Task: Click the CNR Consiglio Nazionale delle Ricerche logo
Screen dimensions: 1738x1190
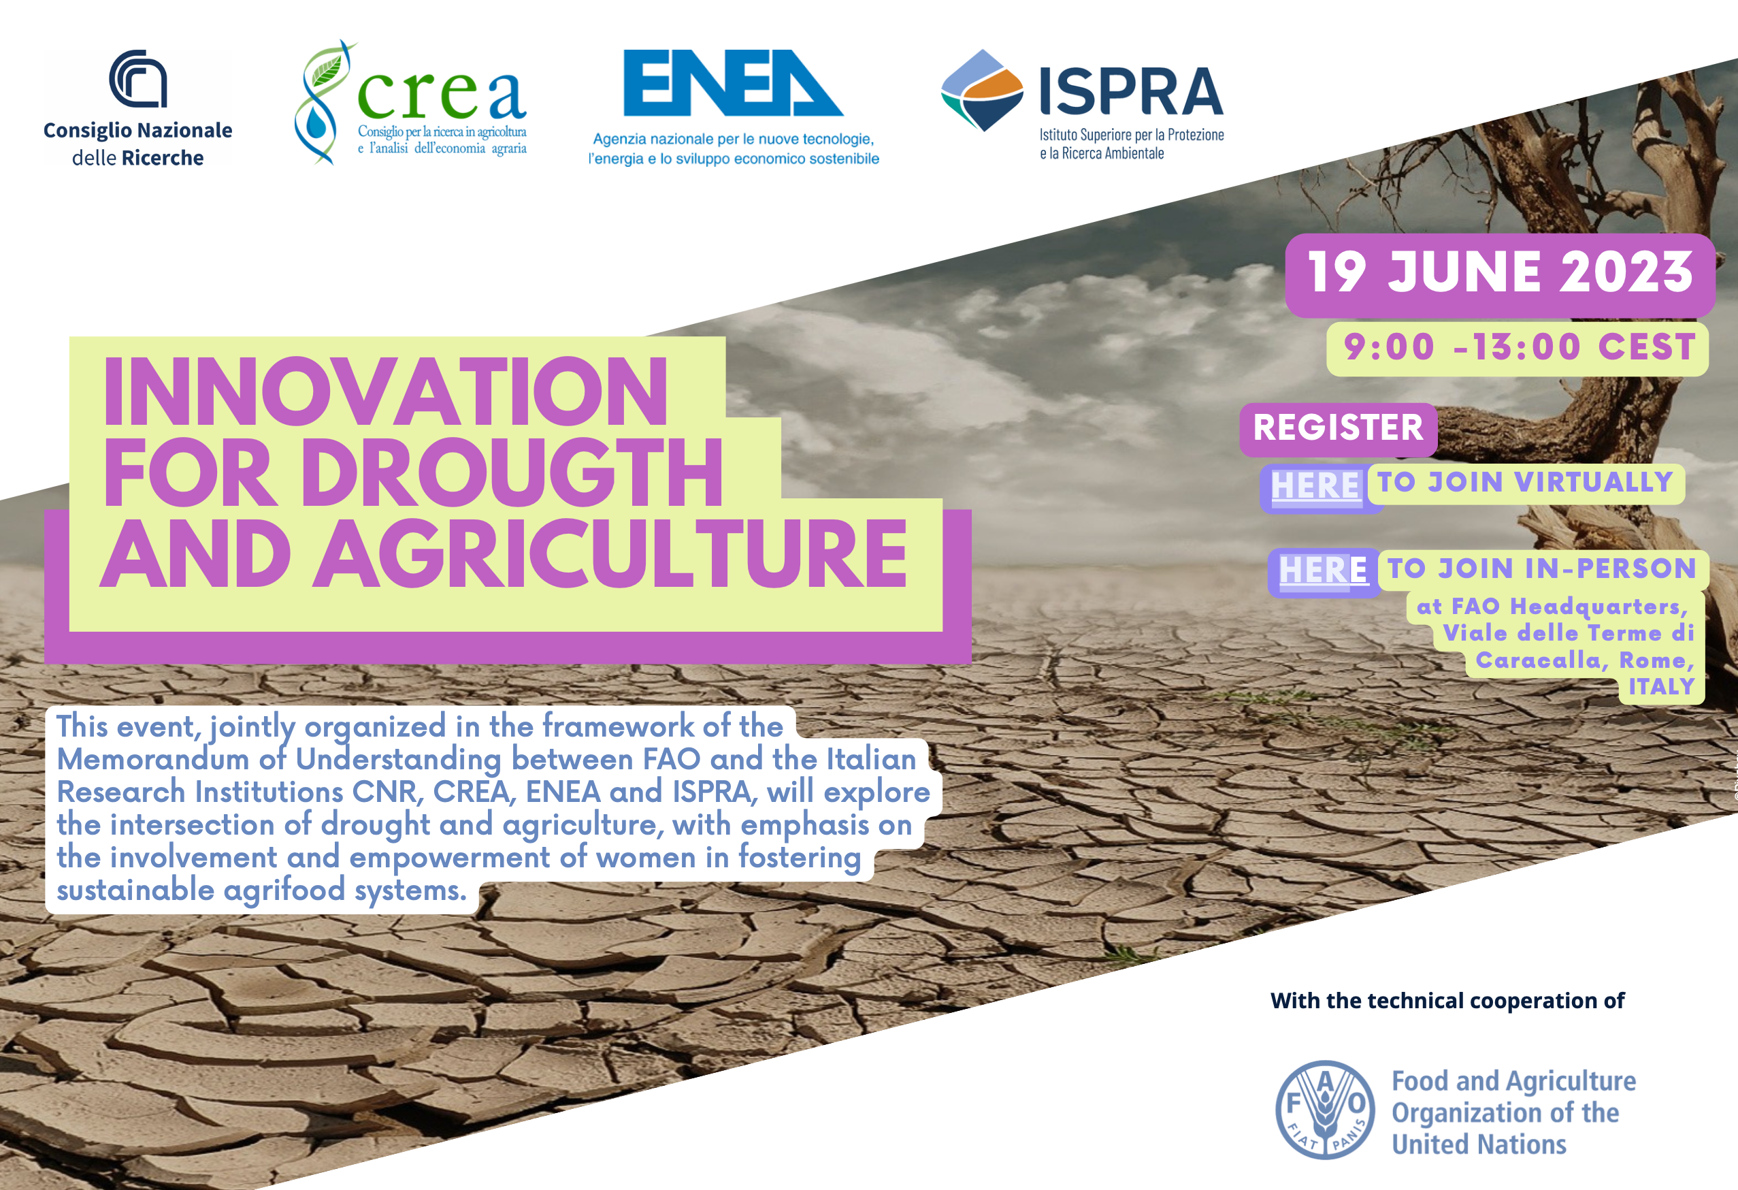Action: click(138, 108)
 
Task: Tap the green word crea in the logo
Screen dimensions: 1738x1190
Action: click(442, 95)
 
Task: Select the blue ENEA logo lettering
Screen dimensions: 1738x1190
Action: click(734, 83)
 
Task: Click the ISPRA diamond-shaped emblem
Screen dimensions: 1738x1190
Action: click(982, 91)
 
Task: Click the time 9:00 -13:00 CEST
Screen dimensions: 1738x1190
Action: click(1519, 348)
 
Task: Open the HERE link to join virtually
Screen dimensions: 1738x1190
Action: click(1315, 485)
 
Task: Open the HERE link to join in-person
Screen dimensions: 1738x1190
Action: click(1323, 570)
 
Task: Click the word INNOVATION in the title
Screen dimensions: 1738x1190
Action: click(385, 391)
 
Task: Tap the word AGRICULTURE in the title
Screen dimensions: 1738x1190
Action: click(610, 554)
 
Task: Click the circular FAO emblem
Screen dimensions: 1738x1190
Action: click(1324, 1110)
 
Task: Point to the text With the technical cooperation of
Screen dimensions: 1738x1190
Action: click(1447, 1001)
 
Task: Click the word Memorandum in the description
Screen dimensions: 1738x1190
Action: click(152, 759)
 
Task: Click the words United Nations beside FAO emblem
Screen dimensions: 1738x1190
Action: click(1479, 1144)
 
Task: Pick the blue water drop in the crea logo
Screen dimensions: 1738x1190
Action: click(317, 125)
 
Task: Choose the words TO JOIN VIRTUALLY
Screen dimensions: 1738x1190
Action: click(1525, 483)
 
